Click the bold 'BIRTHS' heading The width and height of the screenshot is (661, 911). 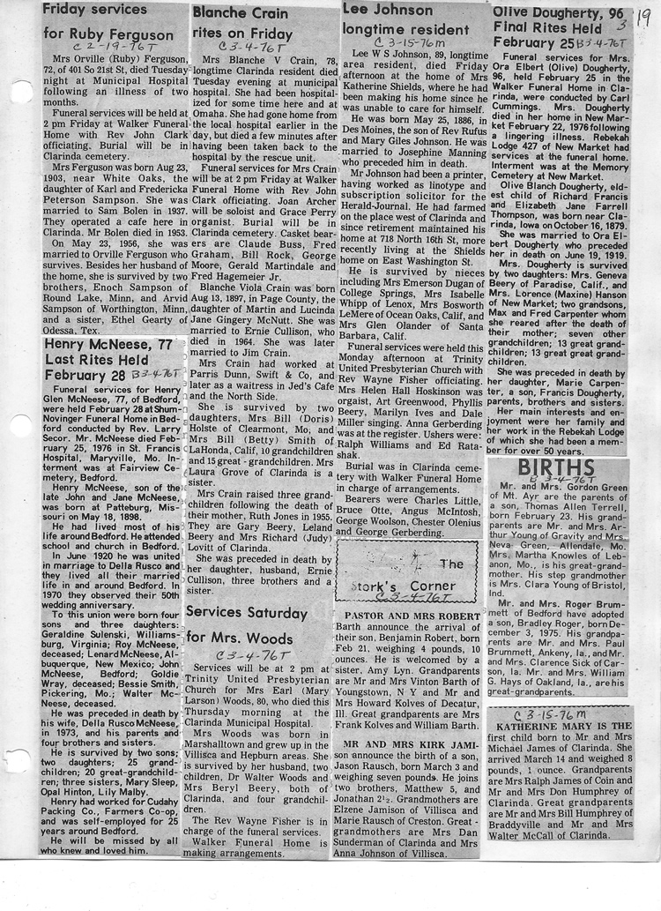click(x=557, y=467)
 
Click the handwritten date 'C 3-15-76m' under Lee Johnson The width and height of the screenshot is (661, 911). click(x=406, y=41)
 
